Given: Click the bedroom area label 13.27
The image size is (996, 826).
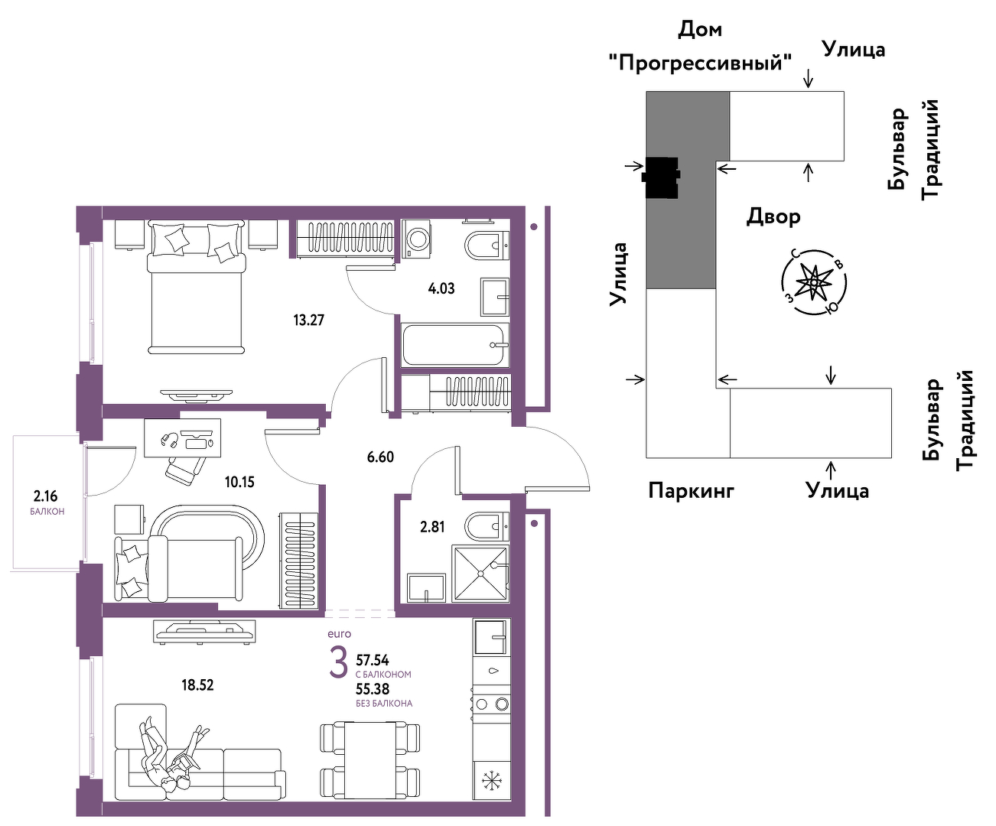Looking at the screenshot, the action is pyautogui.click(x=308, y=320).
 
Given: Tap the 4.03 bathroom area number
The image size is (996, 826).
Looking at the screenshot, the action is pyautogui.click(x=441, y=288).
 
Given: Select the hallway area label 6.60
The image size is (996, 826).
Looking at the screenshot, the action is pyautogui.click(x=380, y=457).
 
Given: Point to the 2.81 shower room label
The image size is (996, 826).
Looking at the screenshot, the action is pyautogui.click(x=432, y=527).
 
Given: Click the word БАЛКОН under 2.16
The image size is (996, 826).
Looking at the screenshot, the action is pyautogui.click(x=47, y=512).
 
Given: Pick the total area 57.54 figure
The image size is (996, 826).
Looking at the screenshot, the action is pyautogui.click(x=373, y=660).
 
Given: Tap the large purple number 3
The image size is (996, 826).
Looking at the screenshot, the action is pyautogui.click(x=339, y=663).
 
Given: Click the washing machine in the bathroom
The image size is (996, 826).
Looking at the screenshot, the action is pyautogui.click(x=416, y=239).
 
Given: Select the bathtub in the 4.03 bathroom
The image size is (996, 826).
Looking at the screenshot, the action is pyautogui.click(x=455, y=345).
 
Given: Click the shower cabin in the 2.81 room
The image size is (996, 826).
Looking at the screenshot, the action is pyautogui.click(x=480, y=574).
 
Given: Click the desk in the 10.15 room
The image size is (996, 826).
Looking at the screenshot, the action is pyautogui.click(x=183, y=437).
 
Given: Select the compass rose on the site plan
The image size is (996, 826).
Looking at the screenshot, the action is pyautogui.click(x=814, y=282).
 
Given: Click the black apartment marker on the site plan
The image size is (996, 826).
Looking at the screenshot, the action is pyautogui.click(x=661, y=177).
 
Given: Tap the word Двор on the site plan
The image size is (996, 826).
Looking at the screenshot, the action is pyautogui.click(x=773, y=217).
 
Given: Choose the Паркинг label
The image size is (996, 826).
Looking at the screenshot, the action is pyautogui.click(x=692, y=489).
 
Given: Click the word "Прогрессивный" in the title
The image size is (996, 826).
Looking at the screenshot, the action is pyautogui.click(x=701, y=63).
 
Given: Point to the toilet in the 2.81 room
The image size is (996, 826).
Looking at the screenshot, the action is pyautogui.click(x=487, y=526).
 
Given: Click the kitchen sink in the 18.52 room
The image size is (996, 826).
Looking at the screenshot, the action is pyautogui.click(x=490, y=636).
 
